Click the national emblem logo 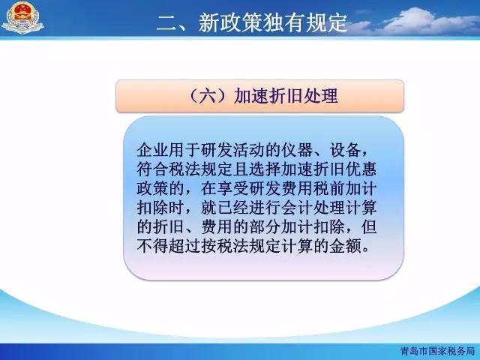pyautogui.click(x=22, y=18)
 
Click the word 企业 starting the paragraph pyautogui.click(x=152, y=150)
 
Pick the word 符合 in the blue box pyautogui.click(x=152, y=169)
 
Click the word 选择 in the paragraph pyautogui.click(x=265, y=169)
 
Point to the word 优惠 pyautogui.click(x=361, y=169)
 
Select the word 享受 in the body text pyautogui.click(x=232, y=188)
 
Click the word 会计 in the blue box pyautogui.click(x=297, y=208)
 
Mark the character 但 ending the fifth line pyautogui.click(x=369, y=227)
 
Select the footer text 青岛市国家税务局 pyautogui.click(x=438, y=351)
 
